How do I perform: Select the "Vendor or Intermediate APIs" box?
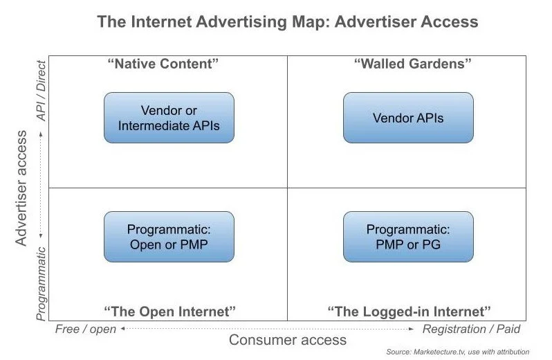click(169, 118)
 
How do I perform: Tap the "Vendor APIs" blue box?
click(408, 118)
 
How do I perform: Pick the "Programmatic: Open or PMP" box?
click(169, 237)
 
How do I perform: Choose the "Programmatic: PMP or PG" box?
click(408, 237)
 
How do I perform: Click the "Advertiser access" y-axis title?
click(23, 187)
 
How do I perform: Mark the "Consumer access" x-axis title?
click(288, 340)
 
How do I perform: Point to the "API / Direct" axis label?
click(42, 90)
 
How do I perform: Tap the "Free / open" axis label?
click(86, 329)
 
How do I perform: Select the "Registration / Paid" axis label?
click(472, 329)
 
